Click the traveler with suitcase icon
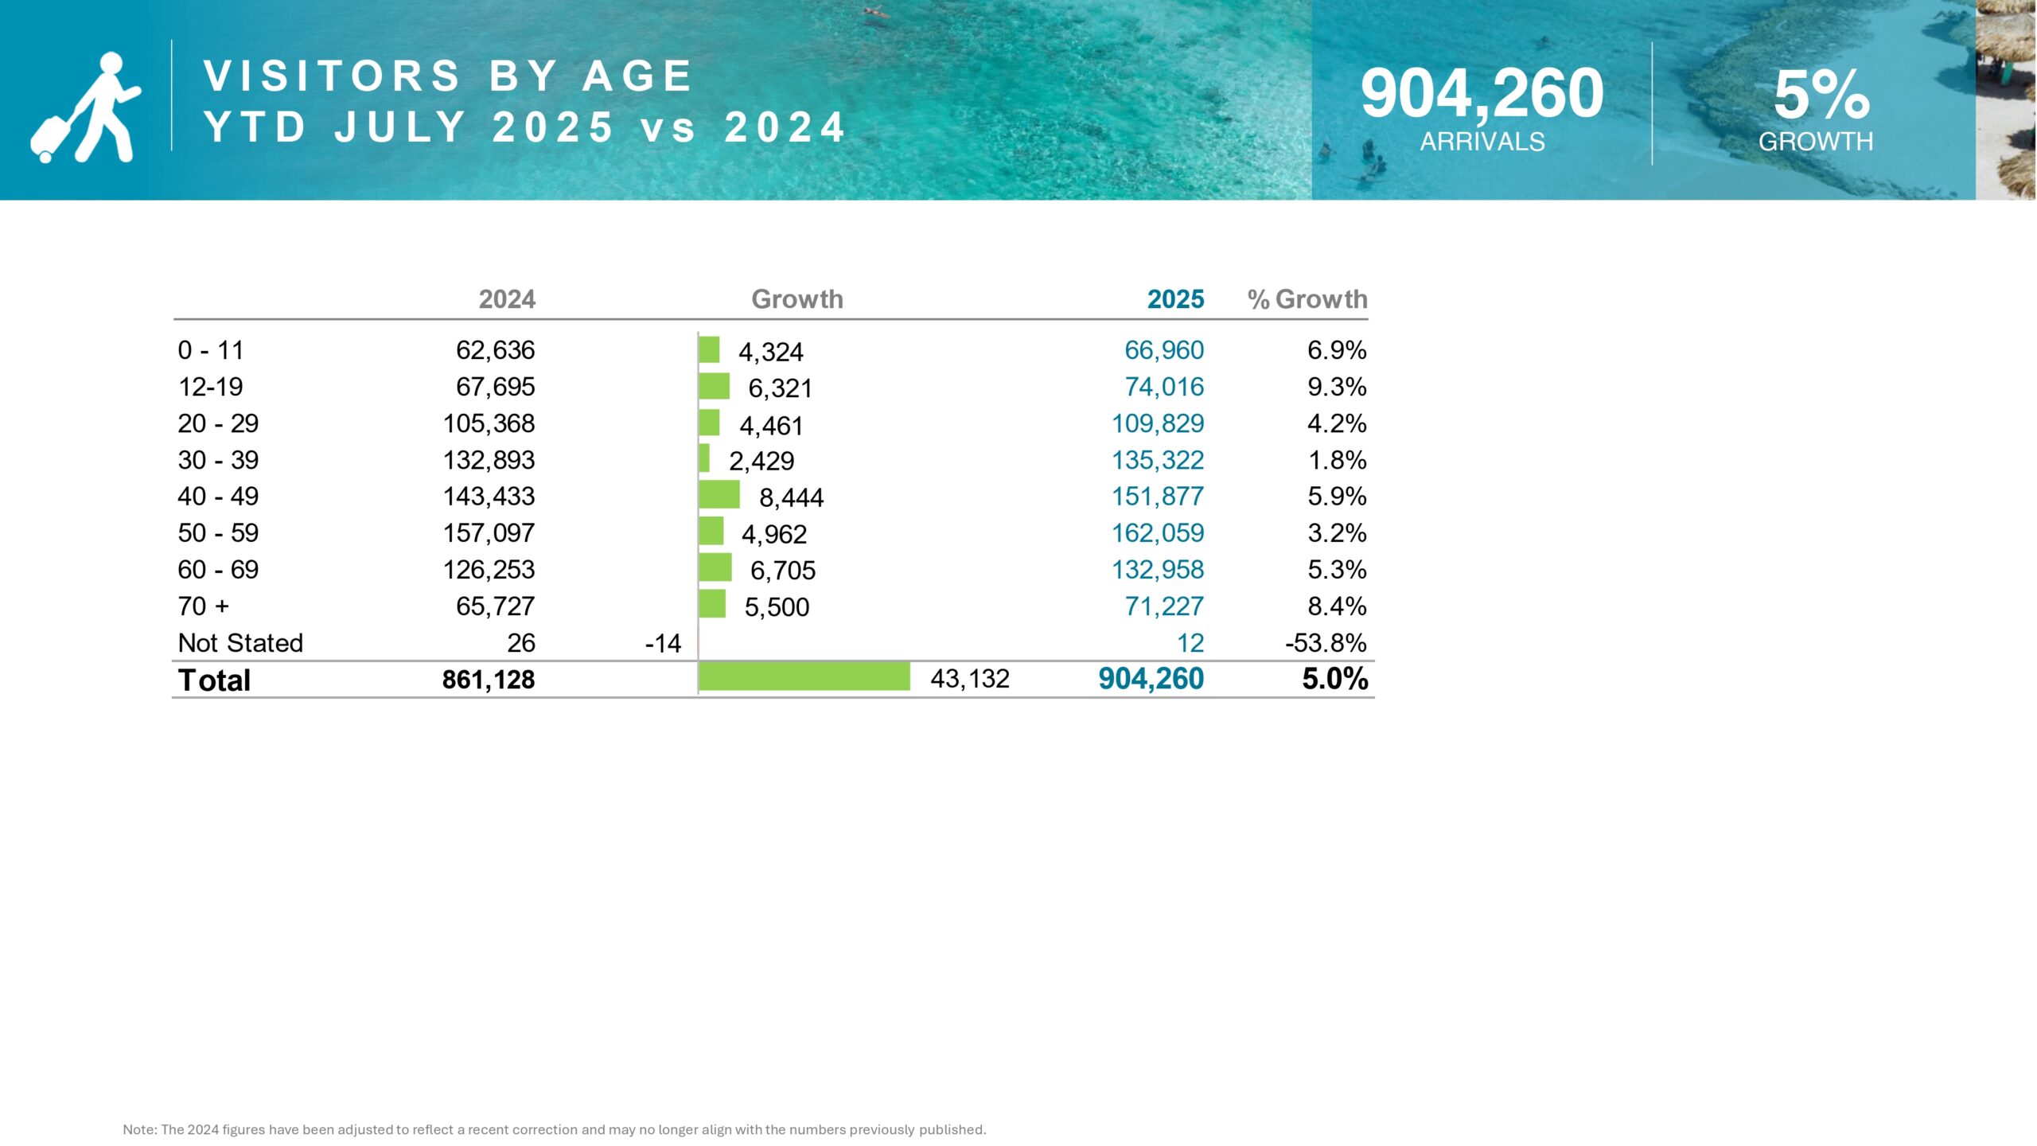tap(86, 107)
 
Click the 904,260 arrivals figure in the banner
tap(1482, 94)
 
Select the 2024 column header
tap(507, 299)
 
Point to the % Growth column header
tap(1307, 299)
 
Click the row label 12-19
tap(211, 387)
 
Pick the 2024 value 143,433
tap(489, 497)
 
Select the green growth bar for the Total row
tap(804, 677)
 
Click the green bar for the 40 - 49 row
tap(719, 495)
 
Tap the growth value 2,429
tap(761, 461)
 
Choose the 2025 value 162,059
tap(1158, 533)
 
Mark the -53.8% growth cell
tap(1326, 643)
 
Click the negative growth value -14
tap(663, 643)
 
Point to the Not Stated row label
tap(240, 643)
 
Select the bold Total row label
tap(214, 680)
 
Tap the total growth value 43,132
tap(970, 679)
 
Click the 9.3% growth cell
tap(1337, 387)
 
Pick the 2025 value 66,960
tap(1164, 350)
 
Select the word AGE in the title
tap(637, 76)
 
